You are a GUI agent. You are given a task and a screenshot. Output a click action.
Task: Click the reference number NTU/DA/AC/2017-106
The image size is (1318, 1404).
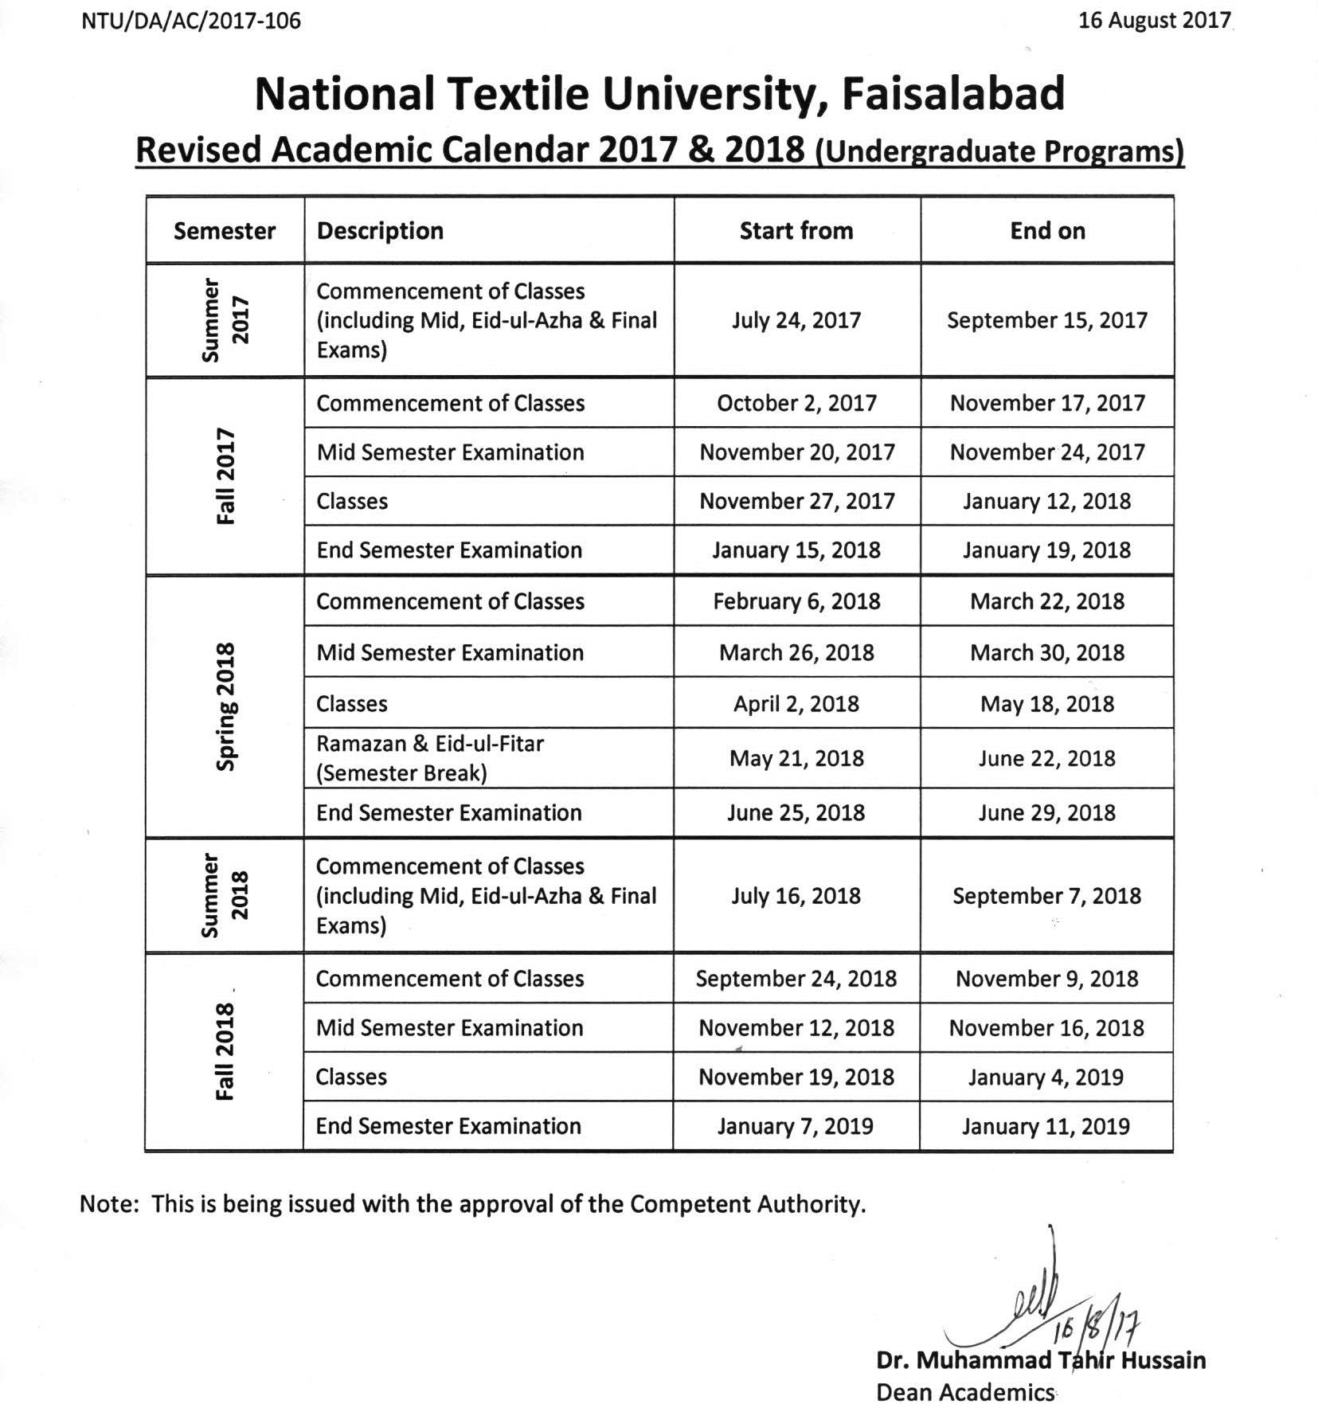click(x=191, y=21)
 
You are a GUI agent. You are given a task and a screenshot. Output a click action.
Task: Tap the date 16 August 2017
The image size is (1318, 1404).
click(x=1154, y=21)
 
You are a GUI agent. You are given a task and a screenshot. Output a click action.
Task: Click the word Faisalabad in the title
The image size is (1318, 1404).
click(x=953, y=94)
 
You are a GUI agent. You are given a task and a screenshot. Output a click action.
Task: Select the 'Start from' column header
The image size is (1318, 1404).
click(x=796, y=231)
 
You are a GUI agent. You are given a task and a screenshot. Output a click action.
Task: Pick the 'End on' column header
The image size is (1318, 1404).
click(x=1047, y=231)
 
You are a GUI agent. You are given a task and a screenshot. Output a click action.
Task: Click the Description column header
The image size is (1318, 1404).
click(x=380, y=231)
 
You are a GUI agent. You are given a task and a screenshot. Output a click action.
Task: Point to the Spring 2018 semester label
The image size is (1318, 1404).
click(x=226, y=706)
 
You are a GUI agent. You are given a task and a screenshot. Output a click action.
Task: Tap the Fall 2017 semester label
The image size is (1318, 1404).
click(x=226, y=476)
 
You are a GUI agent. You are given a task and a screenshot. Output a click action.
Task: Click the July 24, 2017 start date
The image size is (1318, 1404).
click(x=796, y=320)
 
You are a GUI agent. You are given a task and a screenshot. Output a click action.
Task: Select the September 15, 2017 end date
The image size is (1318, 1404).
click(x=1047, y=320)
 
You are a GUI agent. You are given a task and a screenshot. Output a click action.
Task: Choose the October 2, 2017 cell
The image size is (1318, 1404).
click(x=796, y=403)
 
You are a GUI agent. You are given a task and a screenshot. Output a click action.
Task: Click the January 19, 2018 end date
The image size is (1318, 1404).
click(x=1046, y=550)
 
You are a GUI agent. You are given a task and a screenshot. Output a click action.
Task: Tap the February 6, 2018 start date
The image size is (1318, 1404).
click(x=796, y=601)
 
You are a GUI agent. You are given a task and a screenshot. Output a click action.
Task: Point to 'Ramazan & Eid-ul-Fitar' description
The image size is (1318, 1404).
click(x=430, y=744)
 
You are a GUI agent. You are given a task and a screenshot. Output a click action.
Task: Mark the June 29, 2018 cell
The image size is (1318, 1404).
click(x=1046, y=813)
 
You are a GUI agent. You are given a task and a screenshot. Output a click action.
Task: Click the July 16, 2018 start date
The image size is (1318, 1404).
click(x=796, y=896)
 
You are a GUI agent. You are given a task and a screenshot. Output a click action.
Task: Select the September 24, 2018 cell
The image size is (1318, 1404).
click(x=796, y=979)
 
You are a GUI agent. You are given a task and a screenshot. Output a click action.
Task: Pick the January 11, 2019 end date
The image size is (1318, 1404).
click(x=1046, y=1126)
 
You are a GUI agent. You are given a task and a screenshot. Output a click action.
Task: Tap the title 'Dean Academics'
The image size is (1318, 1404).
click(x=964, y=1391)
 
